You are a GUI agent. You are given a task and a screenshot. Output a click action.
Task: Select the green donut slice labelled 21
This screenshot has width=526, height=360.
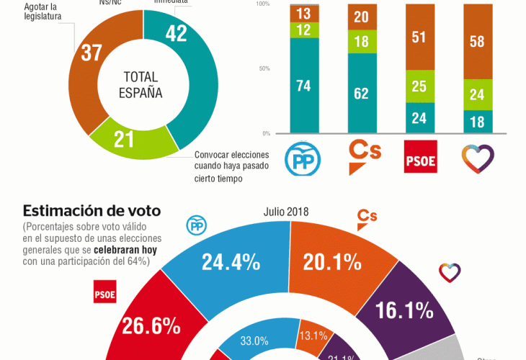coord(125,139)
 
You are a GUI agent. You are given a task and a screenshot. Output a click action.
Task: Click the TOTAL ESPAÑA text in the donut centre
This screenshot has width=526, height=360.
coord(143,85)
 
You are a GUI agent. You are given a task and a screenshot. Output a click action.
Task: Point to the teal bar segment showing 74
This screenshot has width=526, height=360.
coord(303,85)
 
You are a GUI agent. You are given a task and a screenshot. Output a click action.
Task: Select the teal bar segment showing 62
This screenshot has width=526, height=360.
coord(362,93)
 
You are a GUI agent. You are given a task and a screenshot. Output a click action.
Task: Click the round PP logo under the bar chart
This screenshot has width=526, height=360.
coord(303,159)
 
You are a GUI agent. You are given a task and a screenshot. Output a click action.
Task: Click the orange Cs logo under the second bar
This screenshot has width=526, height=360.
coord(362,156)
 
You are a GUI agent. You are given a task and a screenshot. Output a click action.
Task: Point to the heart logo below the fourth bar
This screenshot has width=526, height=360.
coord(478,159)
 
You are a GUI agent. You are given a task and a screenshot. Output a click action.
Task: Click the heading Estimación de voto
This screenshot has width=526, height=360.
coord(92,211)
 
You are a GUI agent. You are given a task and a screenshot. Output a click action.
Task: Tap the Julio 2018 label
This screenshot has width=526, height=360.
coord(285,212)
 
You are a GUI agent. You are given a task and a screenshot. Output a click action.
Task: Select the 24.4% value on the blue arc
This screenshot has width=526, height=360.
coord(231,262)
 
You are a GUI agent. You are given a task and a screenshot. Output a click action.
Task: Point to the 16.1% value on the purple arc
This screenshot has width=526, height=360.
coord(404,310)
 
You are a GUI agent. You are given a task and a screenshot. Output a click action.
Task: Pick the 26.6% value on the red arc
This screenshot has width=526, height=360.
coord(151,325)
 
